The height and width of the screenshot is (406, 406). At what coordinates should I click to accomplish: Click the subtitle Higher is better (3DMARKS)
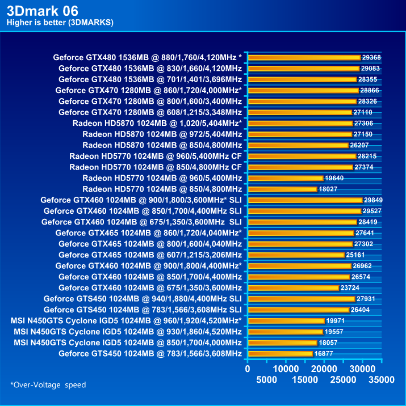coord(60,23)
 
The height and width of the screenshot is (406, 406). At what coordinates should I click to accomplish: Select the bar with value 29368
coord(304,57)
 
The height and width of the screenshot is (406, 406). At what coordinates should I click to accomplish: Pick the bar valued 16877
coord(280,354)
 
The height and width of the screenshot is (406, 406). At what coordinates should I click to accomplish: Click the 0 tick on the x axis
coord(248,369)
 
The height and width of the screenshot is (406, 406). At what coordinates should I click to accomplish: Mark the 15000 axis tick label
coord(305,379)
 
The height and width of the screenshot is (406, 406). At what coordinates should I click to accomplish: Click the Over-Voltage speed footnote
coord(48,385)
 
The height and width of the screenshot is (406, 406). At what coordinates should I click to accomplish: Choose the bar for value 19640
coord(285,178)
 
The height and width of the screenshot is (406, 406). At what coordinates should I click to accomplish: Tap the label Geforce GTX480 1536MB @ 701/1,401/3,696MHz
coord(150,79)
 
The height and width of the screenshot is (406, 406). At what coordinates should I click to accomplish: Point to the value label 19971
coord(336,321)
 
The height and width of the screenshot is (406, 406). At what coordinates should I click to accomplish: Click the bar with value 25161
coord(296,255)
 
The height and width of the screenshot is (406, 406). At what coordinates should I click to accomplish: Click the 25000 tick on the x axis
coord(342,379)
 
